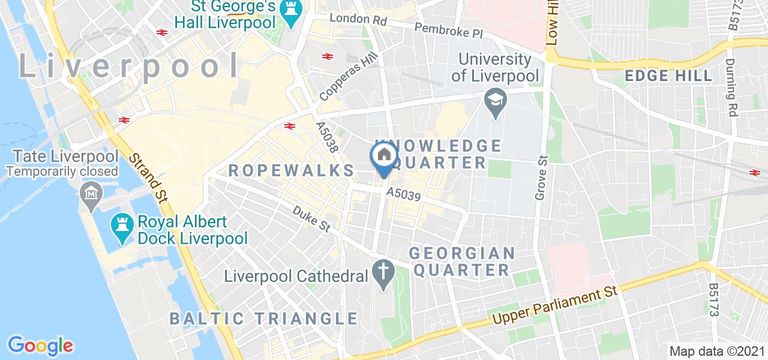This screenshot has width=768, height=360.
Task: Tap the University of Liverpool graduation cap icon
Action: click(x=495, y=101)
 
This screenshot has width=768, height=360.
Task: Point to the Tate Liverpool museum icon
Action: click(x=91, y=194)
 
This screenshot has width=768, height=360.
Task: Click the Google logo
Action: click(x=40, y=345)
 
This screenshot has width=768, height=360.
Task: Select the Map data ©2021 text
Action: click(x=718, y=351)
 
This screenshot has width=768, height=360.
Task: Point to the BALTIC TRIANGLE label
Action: click(x=263, y=318)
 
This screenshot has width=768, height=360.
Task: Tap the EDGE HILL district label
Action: click(x=668, y=76)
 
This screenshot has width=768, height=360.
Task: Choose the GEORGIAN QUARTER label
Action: click(x=462, y=261)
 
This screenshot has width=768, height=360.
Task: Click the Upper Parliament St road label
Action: click(x=555, y=307)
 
